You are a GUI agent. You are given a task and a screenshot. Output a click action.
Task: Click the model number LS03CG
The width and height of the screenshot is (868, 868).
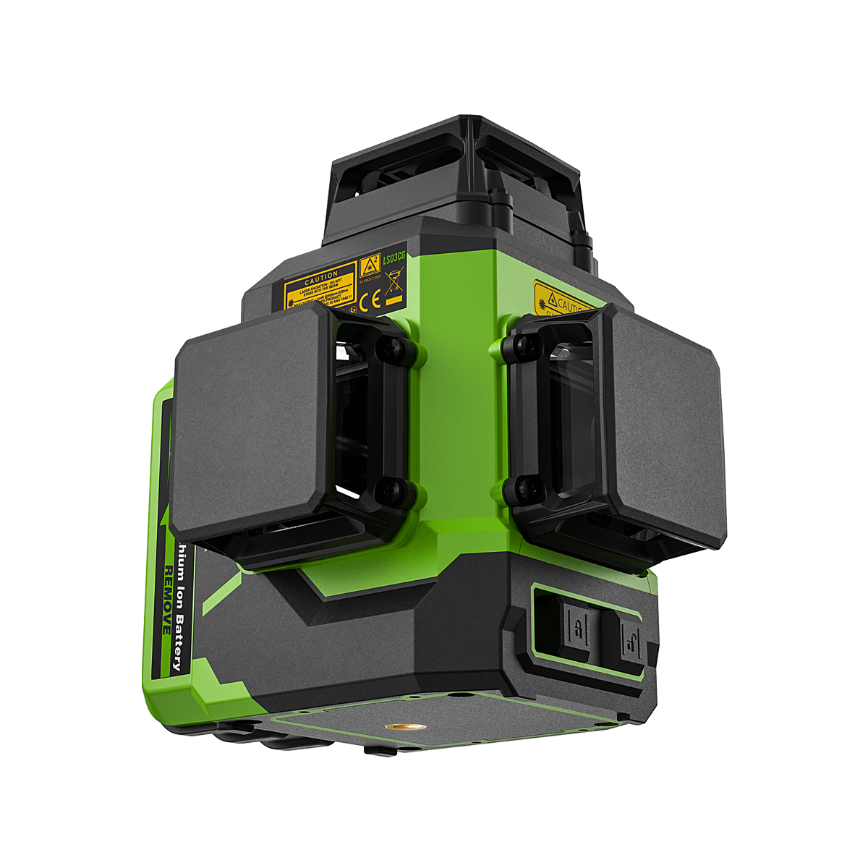coord(394,257)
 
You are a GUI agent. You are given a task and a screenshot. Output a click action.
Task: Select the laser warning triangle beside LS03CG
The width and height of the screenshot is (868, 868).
coord(370,265)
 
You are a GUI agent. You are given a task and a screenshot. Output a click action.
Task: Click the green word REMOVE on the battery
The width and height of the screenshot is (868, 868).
coord(167,600)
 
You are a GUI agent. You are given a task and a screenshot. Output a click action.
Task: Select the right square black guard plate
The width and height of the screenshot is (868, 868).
coord(662,427)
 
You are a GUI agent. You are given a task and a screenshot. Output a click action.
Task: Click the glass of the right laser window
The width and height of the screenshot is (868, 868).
coord(571,427)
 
